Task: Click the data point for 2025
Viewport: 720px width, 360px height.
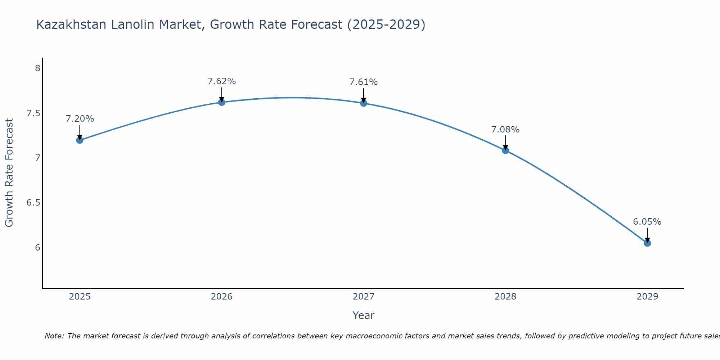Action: [x=80, y=140]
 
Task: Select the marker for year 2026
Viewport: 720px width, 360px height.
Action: [x=221, y=102]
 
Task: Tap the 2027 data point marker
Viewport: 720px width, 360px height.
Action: [x=364, y=103]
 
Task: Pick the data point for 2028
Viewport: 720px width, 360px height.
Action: [x=505, y=150]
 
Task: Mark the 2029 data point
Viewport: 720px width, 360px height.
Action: [x=647, y=243]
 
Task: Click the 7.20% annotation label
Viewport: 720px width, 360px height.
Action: [x=80, y=119]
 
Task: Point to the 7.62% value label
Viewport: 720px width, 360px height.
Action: [x=221, y=81]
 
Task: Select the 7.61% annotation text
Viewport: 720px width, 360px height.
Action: [x=364, y=82]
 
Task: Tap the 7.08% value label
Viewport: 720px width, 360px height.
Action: [x=505, y=130]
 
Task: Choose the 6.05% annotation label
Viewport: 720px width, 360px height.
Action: [x=647, y=222]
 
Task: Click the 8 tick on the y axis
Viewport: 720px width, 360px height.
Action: [x=37, y=68]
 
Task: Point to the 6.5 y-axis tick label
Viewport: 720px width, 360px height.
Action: [x=33, y=203]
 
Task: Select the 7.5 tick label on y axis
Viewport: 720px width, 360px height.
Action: [x=33, y=113]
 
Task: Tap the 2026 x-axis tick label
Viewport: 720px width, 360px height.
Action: [x=221, y=297]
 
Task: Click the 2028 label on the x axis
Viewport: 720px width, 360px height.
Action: [x=505, y=297]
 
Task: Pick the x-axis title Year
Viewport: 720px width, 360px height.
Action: [x=363, y=315]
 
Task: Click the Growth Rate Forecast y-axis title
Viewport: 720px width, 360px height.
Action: [x=9, y=173]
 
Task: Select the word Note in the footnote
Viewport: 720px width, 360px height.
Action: [x=54, y=336]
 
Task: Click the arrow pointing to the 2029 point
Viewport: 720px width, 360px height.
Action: [x=647, y=235]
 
